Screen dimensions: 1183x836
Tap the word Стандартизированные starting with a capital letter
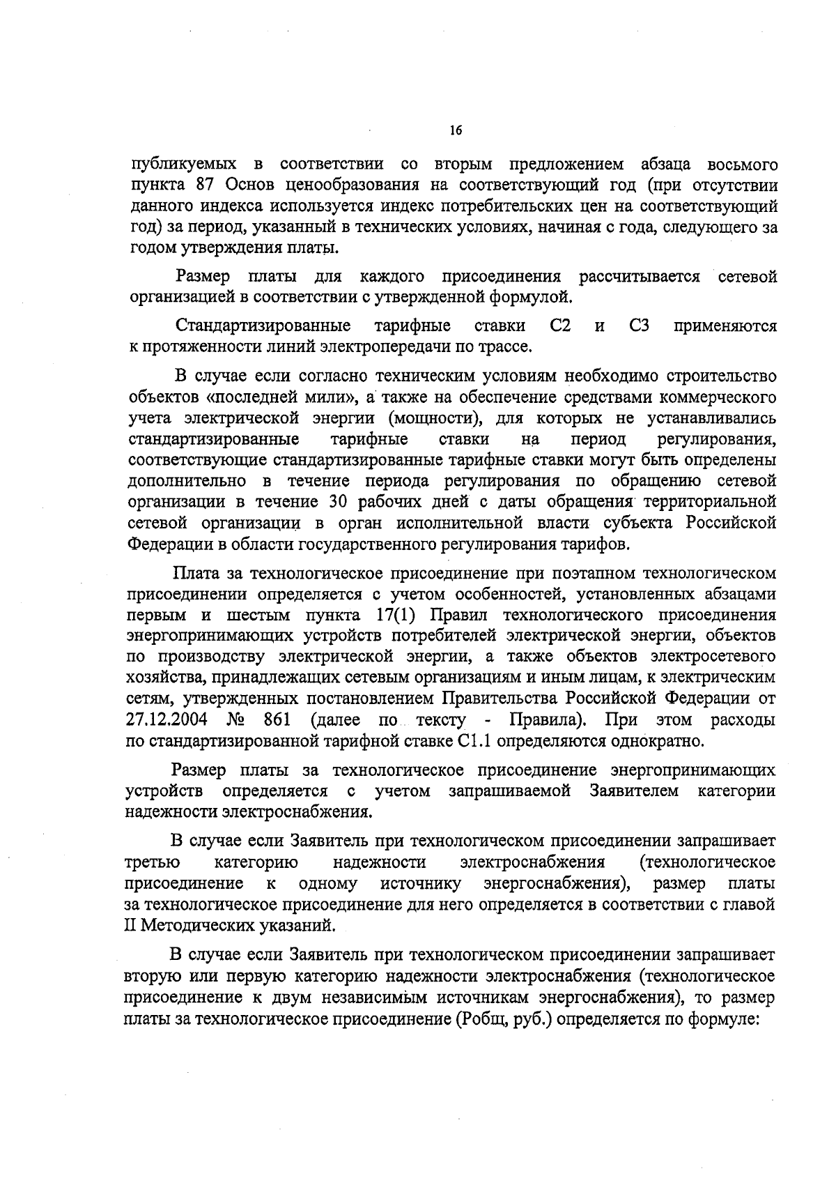pyautogui.click(x=263, y=326)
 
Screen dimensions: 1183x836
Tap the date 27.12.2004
pyautogui.click(x=164, y=719)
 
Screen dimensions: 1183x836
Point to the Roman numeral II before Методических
pyautogui.click(x=130, y=926)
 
